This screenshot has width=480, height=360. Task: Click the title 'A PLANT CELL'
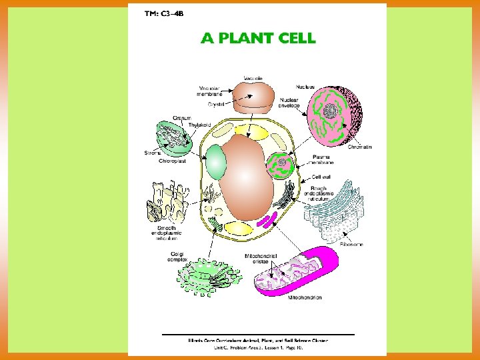tap(258, 38)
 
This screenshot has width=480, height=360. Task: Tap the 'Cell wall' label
tap(321, 177)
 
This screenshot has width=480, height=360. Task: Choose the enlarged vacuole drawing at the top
tap(252, 96)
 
